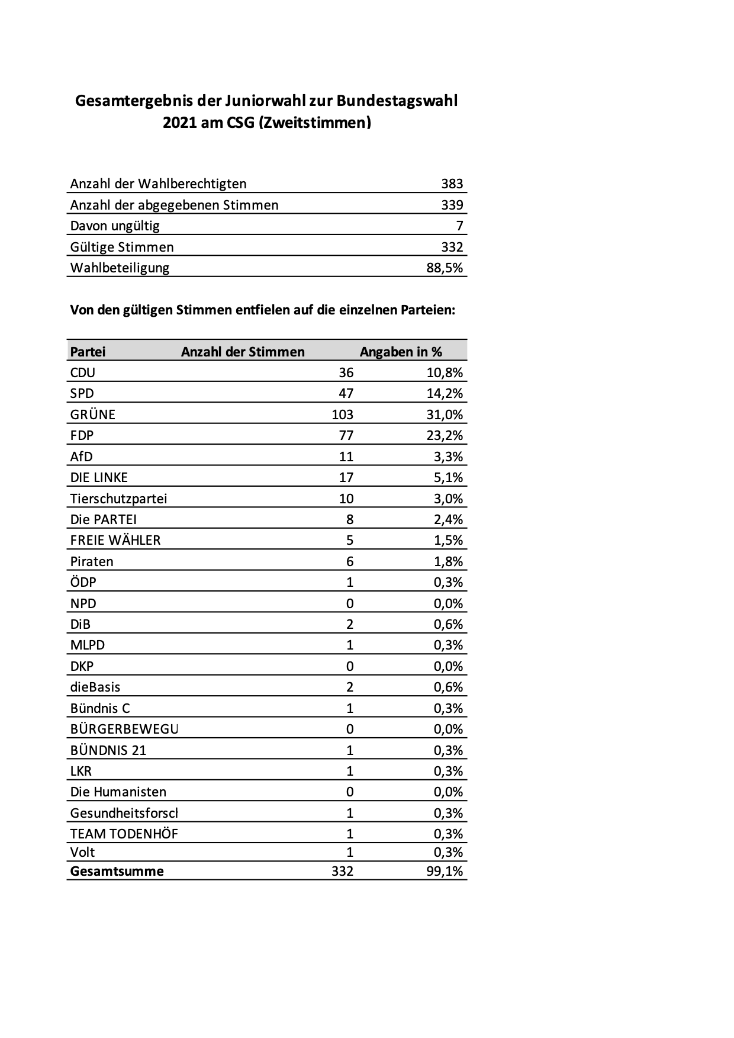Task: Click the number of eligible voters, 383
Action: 452,184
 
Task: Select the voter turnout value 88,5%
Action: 445,268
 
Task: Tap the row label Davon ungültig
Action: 115,226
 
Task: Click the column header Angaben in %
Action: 401,352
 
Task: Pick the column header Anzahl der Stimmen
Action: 243,352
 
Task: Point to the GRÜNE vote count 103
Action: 343,414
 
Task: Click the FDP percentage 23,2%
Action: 445,436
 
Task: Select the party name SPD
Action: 82,394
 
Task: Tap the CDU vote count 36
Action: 346,372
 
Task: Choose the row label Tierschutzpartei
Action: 118,499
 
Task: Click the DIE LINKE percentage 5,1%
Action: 448,478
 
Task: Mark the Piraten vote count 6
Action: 350,561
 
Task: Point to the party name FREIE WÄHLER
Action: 115,540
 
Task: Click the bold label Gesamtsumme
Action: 117,871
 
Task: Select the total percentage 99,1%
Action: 445,871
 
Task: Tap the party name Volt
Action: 82,852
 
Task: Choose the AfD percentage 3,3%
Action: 448,457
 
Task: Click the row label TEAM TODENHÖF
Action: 124,834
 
